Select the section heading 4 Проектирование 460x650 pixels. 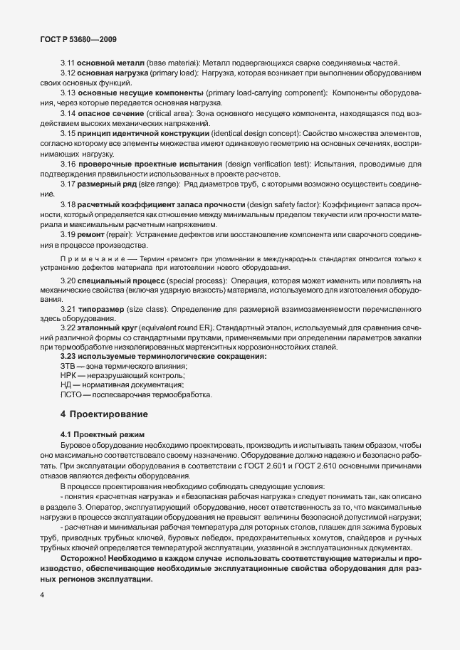click(x=105, y=414)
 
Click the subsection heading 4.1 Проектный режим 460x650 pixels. click(x=103, y=434)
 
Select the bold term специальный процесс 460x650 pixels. click(x=114, y=281)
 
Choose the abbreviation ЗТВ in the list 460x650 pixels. click(x=69, y=365)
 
